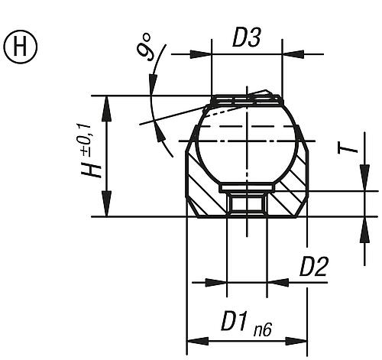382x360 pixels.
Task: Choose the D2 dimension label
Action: (314, 267)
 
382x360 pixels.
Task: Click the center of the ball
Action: (247, 143)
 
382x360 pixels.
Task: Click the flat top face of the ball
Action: (247, 99)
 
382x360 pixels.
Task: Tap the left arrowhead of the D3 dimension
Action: (202, 54)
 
